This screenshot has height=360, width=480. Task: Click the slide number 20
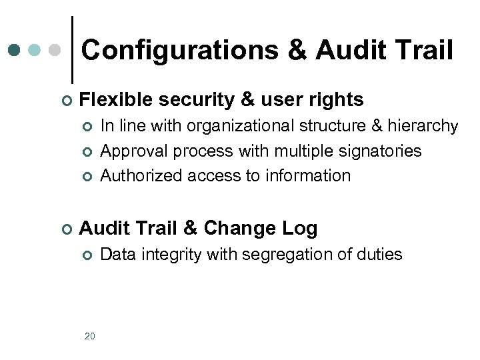(90, 336)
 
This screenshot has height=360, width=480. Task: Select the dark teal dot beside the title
(15, 50)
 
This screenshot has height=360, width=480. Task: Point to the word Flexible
(117, 100)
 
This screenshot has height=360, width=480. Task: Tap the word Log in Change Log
(301, 229)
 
